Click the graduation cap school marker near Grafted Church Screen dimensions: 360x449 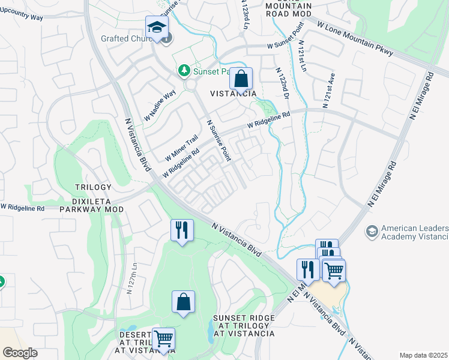click(x=157, y=28)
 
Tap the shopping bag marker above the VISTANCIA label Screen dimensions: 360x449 click(x=241, y=79)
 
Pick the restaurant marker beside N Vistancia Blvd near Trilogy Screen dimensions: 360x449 click(x=182, y=230)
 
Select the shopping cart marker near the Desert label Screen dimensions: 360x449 click(x=163, y=339)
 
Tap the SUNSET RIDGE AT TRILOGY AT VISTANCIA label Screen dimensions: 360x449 click(x=244, y=326)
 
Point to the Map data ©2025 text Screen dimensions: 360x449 click(x=423, y=355)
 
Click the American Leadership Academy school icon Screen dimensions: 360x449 click(x=372, y=230)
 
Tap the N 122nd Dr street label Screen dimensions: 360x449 click(x=283, y=84)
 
